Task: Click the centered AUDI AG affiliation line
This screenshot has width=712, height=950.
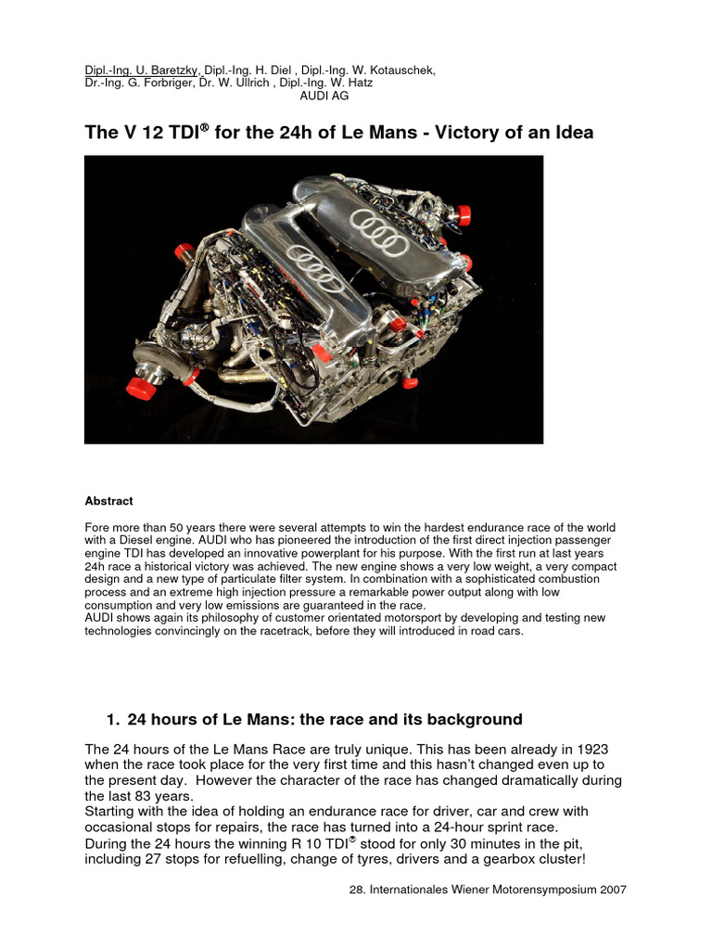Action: [x=324, y=96]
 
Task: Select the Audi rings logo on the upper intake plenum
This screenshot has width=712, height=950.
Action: [x=381, y=235]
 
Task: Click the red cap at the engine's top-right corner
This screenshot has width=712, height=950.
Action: [x=461, y=215]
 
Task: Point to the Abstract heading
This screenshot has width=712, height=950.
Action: [x=108, y=501]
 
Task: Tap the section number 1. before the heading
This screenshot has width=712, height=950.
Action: [x=113, y=720]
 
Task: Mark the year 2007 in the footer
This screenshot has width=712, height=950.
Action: [x=613, y=889]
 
